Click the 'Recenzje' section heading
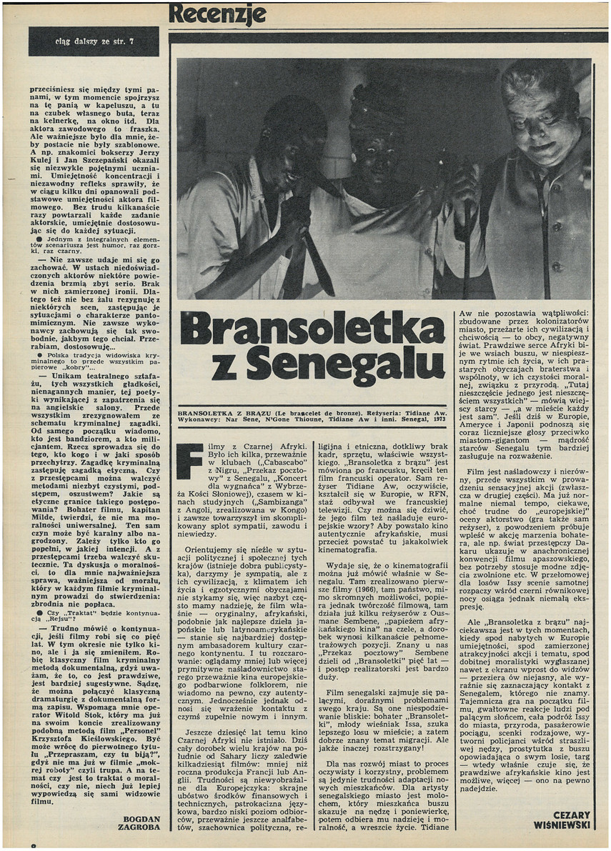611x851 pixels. tap(217, 14)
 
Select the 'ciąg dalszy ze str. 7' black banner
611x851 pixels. tap(94, 41)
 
